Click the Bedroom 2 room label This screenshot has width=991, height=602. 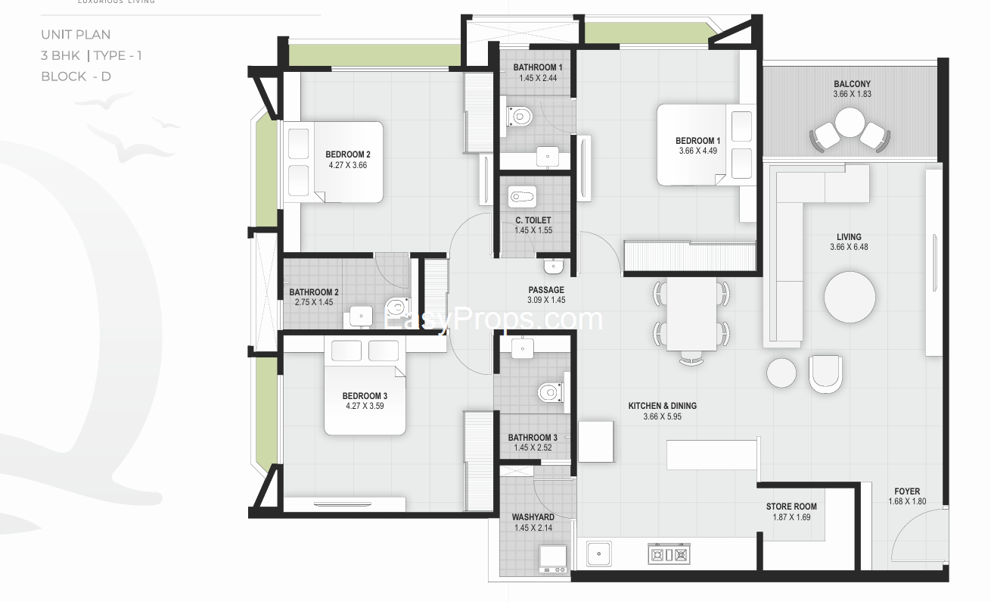click(x=348, y=154)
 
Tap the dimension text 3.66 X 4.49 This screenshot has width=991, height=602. click(x=698, y=151)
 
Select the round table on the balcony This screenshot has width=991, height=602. click(x=850, y=123)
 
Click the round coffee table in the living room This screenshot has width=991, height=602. click(x=850, y=297)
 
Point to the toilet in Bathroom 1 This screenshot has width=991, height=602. click(x=520, y=117)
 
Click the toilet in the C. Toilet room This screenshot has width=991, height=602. click(x=522, y=197)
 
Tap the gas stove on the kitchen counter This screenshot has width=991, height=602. click(x=669, y=554)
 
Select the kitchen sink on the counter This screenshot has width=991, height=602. click(x=599, y=554)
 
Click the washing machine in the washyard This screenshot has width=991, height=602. click(x=553, y=559)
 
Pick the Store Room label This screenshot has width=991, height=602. click(x=791, y=507)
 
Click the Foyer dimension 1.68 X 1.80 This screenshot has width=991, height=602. click(x=907, y=501)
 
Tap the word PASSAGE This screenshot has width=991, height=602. click(x=546, y=290)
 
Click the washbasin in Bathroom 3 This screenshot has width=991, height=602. click(x=523, y=348)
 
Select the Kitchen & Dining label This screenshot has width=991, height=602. click(x=662, y=406)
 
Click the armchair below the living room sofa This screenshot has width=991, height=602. click(x=825, y=374)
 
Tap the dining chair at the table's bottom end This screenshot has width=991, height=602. click(x=691, y=358)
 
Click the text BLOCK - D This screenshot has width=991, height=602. click(x=76, y=76)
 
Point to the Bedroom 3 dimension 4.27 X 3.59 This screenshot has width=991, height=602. click(x=365, y=406)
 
